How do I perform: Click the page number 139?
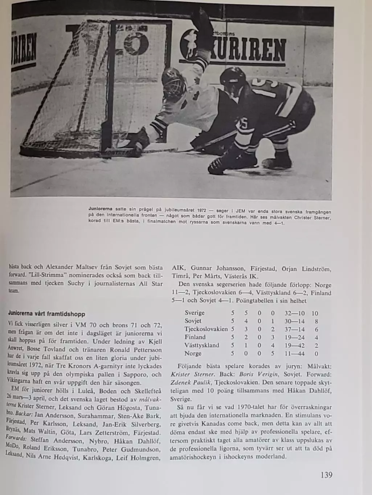pyautogui.click(x=326, y=475)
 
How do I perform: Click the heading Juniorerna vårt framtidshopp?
pyautogui.click(x=46, y=314)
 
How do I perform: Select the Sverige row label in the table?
pyautogui.click(x=195, y=313)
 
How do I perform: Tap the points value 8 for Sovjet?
pyautogui.click(x=316, y=321)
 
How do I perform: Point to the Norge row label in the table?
pyautogui.click(x=193, y=353)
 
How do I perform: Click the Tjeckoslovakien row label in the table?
pyautogui.click(x=206, y=329)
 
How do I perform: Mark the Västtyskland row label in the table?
pyautogui.click(x=202, y=345)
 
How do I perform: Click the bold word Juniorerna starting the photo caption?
pyautogui.click(x=100, y=209)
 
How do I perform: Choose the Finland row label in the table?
pyautogui.click(x=195, y=337)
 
